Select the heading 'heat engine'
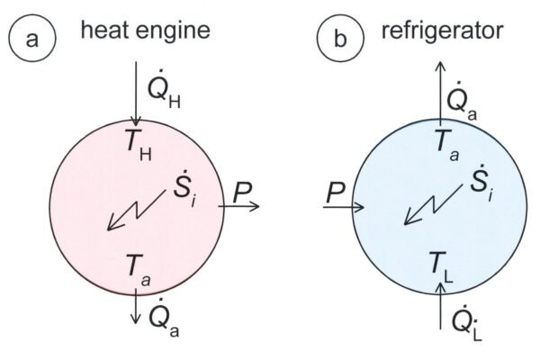pos(145,31)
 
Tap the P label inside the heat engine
pos(241,192)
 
